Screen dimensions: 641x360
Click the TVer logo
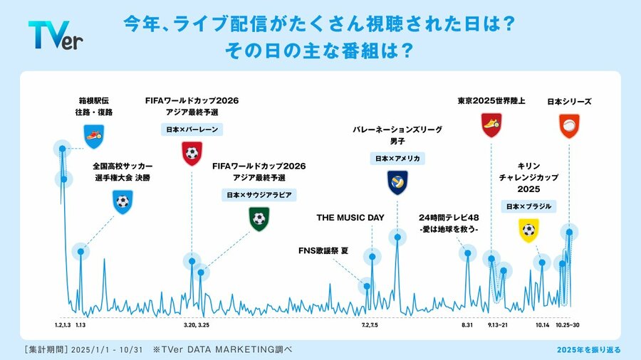pyautogui.click(x=56, y=35)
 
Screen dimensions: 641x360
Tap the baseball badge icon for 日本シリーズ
pyautogui.click(x=569, y=126)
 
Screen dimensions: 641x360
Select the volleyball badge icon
pyautogui.click(x=397, y=182)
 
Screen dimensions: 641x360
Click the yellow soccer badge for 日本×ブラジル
pyautogui.click(x=528, y=231)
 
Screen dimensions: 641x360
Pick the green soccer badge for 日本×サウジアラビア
pyautogui.click(x=259, y=219)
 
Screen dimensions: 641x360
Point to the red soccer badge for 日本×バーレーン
pyautogui.click(x=192, y=153)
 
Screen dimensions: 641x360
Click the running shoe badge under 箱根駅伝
pyautogui.click(x=94, y=136)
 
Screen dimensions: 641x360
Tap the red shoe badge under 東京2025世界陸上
pyautogui.click(x=491, y=125)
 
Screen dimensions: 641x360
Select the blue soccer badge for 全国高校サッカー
pyautogui.click(x=123, y=201)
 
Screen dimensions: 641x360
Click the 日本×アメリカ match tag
pyautogui.click(x=397, y=159)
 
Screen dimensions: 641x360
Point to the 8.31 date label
pyautogui.click(x=467, y=325)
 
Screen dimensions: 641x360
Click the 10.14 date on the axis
pyautogui.click(x=543, y=325)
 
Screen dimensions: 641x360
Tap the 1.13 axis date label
pyautogui.click(x=80, y=325)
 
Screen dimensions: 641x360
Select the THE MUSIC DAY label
pyautogui.click(x=350, y=218)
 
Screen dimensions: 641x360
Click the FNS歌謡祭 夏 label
pyautogui.click(x=323, y=250)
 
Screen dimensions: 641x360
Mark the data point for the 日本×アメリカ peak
pyautogui.click(x=397, y=237)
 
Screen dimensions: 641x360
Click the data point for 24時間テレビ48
pyautogui.click(x=468, y=253)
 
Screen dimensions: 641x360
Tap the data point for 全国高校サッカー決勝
pyautogui.click(x=80, y=251)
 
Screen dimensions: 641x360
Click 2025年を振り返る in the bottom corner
pyautogui.click(x=589, y=350)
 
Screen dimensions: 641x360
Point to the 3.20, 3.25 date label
pyautogui.click(x=197, y=325)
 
